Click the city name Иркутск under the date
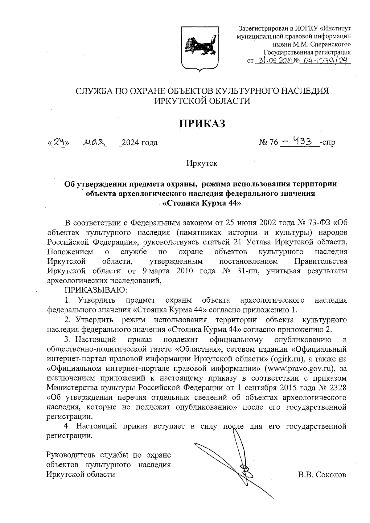pyautogui.click(x=202, y=163)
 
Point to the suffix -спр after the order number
pyautogui.click(x=328, y=142)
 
